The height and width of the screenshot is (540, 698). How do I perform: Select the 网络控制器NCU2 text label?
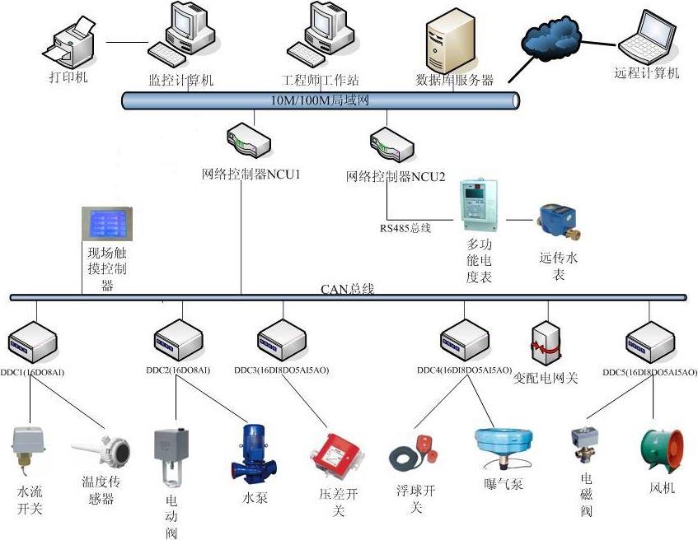pyautogui.click(x=396, y=176)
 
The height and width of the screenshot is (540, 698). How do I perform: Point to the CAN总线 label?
pyautogui.click(x=347, y=289)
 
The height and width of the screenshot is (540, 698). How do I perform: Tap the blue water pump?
pyautogui.click(x=251, y=454)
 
